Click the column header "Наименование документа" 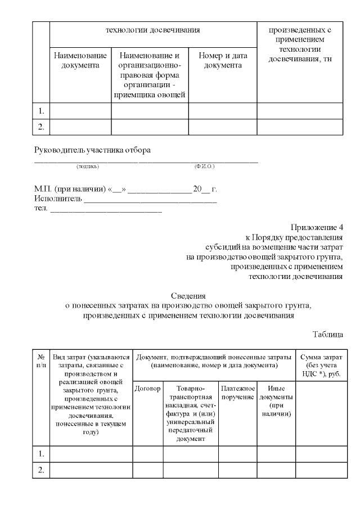pyautogui.click(x=80, y=61)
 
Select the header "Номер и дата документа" pyautogui.click(x=223, y=61)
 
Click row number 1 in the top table pyautogui.click(x=41, y=111)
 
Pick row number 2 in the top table pyautogui.click(x=41, y=127)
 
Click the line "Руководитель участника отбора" pyautogui.click(x=93, y=150)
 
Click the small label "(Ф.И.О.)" pyautogui.click(x=204, y=166)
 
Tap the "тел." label pyautogui.click(x=41, y=209)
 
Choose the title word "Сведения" pyautogui.click(x=188, y=295)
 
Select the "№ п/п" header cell pyautogui.click(x=41, y=361)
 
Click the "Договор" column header pyautogui.click(x=148, y=389)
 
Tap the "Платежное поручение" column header pyautogui.click(x=238, y=393)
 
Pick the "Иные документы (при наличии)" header pyautogui.click(x=276, y=400)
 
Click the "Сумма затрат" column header pyautogui.click(x=319, y=365)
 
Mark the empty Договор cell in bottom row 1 pyautogui.click(x=148, y=453)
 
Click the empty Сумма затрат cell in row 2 pyautogui.click(x=319, y=470)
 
